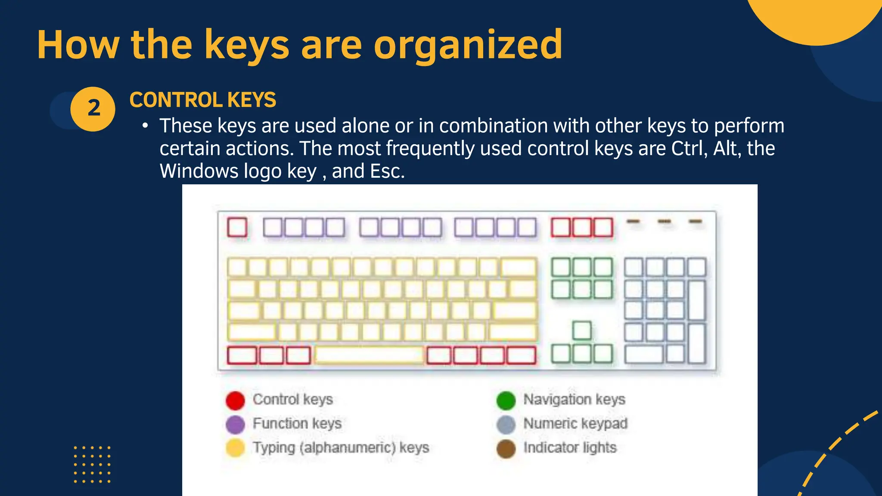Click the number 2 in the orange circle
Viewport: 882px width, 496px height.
coord(93,108)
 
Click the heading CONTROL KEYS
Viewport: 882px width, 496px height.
coord(203,100)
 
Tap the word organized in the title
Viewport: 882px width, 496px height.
coord(468,45)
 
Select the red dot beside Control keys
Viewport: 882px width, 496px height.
coord(235,400)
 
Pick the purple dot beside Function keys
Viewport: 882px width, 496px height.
coord(235,424)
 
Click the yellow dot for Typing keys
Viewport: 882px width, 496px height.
coord(235,448)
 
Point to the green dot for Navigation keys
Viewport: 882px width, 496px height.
coord(506,400)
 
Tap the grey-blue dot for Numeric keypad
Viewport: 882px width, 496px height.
coord(506,424)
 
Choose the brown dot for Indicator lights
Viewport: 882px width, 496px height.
coord(506,448)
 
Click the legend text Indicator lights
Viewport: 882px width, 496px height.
coord(570,448)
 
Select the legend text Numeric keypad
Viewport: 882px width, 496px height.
coord(575,424)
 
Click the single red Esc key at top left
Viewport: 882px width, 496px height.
coord(237,227)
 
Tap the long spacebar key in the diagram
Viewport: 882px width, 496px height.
coord(370,355)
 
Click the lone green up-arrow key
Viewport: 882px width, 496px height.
coord(582,330)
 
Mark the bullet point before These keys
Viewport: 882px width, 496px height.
coord(146,126)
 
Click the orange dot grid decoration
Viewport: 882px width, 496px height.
coord(92,465)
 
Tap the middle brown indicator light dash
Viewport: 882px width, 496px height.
coord(665,221)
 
